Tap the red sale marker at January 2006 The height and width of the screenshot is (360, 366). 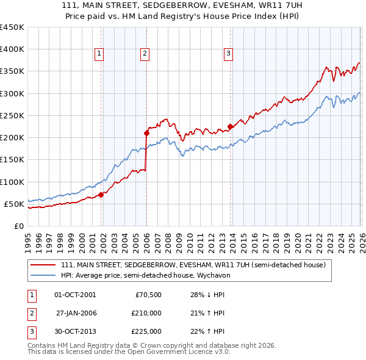tap(146, 132)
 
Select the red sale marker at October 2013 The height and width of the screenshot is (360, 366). tap(231, 127)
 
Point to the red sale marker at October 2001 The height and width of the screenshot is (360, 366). tap(101, 195)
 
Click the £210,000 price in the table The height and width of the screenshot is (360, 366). tap(146, 312)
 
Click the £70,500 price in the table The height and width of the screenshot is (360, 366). tap(148, 294)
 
